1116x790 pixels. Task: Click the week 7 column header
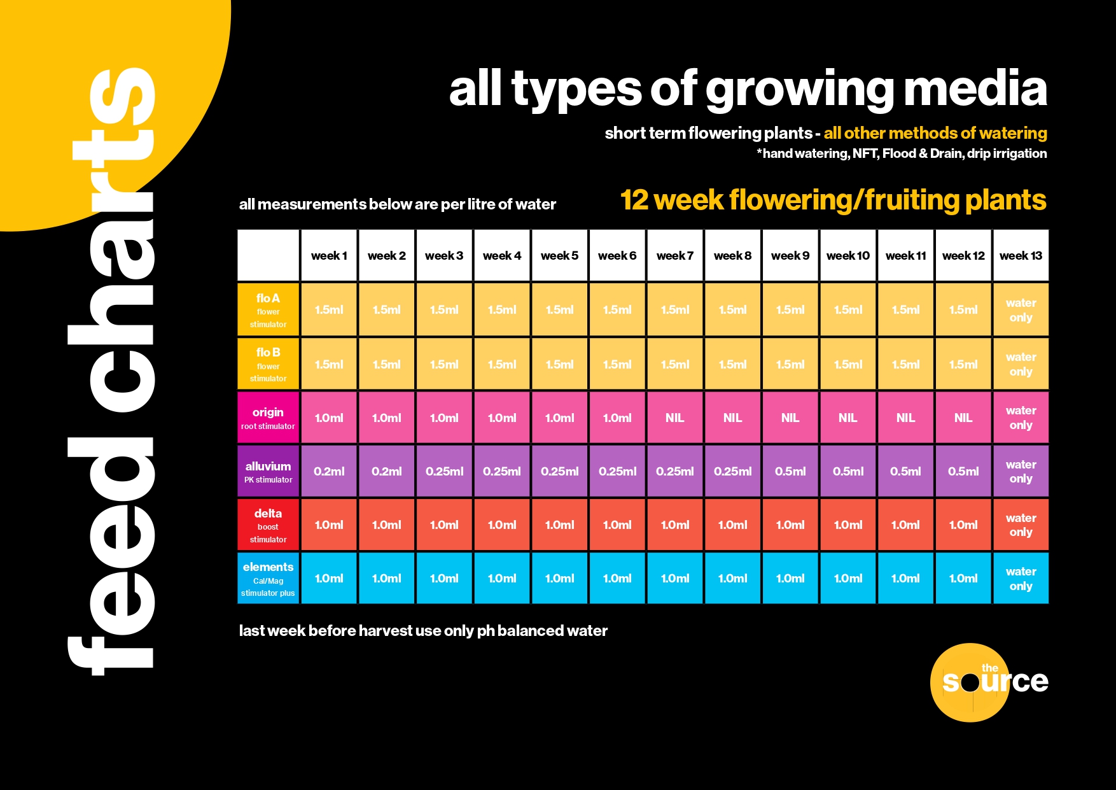click(674, 255)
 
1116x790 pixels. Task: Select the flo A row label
click(268, 309)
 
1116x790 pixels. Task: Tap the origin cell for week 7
click(674, 418)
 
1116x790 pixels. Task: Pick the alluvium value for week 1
click(329, 471)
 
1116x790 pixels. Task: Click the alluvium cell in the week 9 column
click(790, 471)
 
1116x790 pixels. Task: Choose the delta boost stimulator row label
click(268, 525)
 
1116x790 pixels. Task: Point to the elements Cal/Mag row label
click(268, 579)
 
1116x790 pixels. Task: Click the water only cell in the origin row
click(1021, 418)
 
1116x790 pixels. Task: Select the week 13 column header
click(1021, 255)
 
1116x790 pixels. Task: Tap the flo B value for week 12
click(963, 364)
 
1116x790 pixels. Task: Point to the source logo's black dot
click(970, 683)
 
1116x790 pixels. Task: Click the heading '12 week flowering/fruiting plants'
click(833, 200)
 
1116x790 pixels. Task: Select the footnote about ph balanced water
click(423, 631)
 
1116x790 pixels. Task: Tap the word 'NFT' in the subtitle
click(865, 153)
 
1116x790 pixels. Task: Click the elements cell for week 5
click(559, 579)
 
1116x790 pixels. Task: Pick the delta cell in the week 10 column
click(847, 525)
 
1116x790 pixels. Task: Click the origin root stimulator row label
click(268, 418)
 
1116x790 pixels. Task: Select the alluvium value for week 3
click(444, 471)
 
